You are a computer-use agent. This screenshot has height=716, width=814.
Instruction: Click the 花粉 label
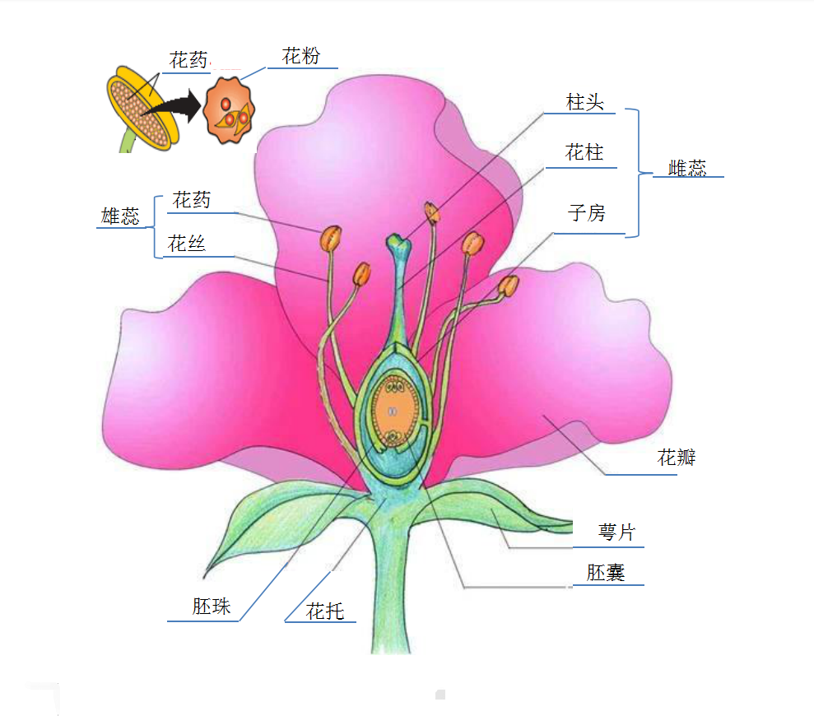300,57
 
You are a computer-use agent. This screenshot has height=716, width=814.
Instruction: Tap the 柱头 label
585,102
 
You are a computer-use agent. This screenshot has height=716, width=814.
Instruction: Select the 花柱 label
585,152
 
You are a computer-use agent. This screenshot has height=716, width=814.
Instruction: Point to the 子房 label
586,214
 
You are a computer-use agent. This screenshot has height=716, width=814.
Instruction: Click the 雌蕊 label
687,168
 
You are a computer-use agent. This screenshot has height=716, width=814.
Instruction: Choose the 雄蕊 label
120,216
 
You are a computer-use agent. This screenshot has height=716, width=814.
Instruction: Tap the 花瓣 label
677,458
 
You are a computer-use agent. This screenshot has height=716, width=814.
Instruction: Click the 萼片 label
616,532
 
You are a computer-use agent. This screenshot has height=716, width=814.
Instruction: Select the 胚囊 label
607,573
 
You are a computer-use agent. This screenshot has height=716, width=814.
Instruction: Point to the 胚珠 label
212,607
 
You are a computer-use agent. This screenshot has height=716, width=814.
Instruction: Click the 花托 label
325,611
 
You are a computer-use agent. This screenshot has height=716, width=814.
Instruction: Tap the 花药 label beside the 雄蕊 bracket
192,200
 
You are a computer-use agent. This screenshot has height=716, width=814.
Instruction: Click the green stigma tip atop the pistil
399,242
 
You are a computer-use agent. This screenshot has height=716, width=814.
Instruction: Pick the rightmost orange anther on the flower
509,286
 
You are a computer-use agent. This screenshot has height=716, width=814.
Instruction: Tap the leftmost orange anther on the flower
331,239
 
